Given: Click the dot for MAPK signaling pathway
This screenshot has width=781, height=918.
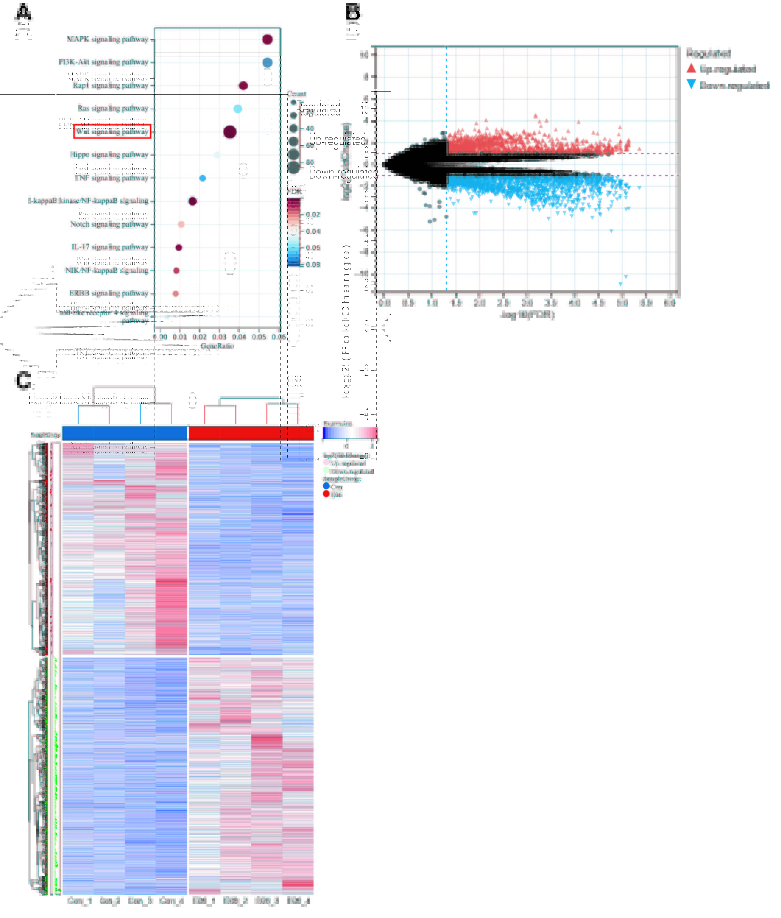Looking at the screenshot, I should (x=267, y=39).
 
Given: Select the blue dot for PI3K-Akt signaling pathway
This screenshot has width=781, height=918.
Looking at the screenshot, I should (x=267, y=62).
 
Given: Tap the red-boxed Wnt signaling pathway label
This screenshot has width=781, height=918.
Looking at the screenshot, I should (x=112, y=131).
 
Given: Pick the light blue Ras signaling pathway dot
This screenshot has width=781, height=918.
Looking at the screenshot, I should (x=237, y=108).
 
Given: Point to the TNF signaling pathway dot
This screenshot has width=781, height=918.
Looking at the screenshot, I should (x=202, y=178).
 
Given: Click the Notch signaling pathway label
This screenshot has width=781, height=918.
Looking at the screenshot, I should (x=110, y=224).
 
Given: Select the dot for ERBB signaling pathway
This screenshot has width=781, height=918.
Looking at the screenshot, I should (x=175, y=293).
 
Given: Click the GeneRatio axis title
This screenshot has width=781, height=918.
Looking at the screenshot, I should (x=217, y=346).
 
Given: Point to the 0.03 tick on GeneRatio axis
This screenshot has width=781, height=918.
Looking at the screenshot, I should (x=219, y=337).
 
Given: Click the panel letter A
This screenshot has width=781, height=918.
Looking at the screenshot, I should (x=23, y=13).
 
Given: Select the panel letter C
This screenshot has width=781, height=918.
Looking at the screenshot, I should (x=23, y=380).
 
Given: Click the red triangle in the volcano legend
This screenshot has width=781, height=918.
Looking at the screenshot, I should (x=691, y=68).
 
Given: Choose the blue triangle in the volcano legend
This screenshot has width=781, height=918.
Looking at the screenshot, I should (x=691, y=84).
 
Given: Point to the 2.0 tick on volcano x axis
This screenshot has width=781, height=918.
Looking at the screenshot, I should (x=480, y=303).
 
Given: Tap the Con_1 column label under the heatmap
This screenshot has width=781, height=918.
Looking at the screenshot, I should (x=80, y=900).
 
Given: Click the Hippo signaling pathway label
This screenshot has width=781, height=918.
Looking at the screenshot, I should (x=109, y=155).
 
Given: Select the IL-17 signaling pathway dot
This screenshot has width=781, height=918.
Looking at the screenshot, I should (x=179, y=247).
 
